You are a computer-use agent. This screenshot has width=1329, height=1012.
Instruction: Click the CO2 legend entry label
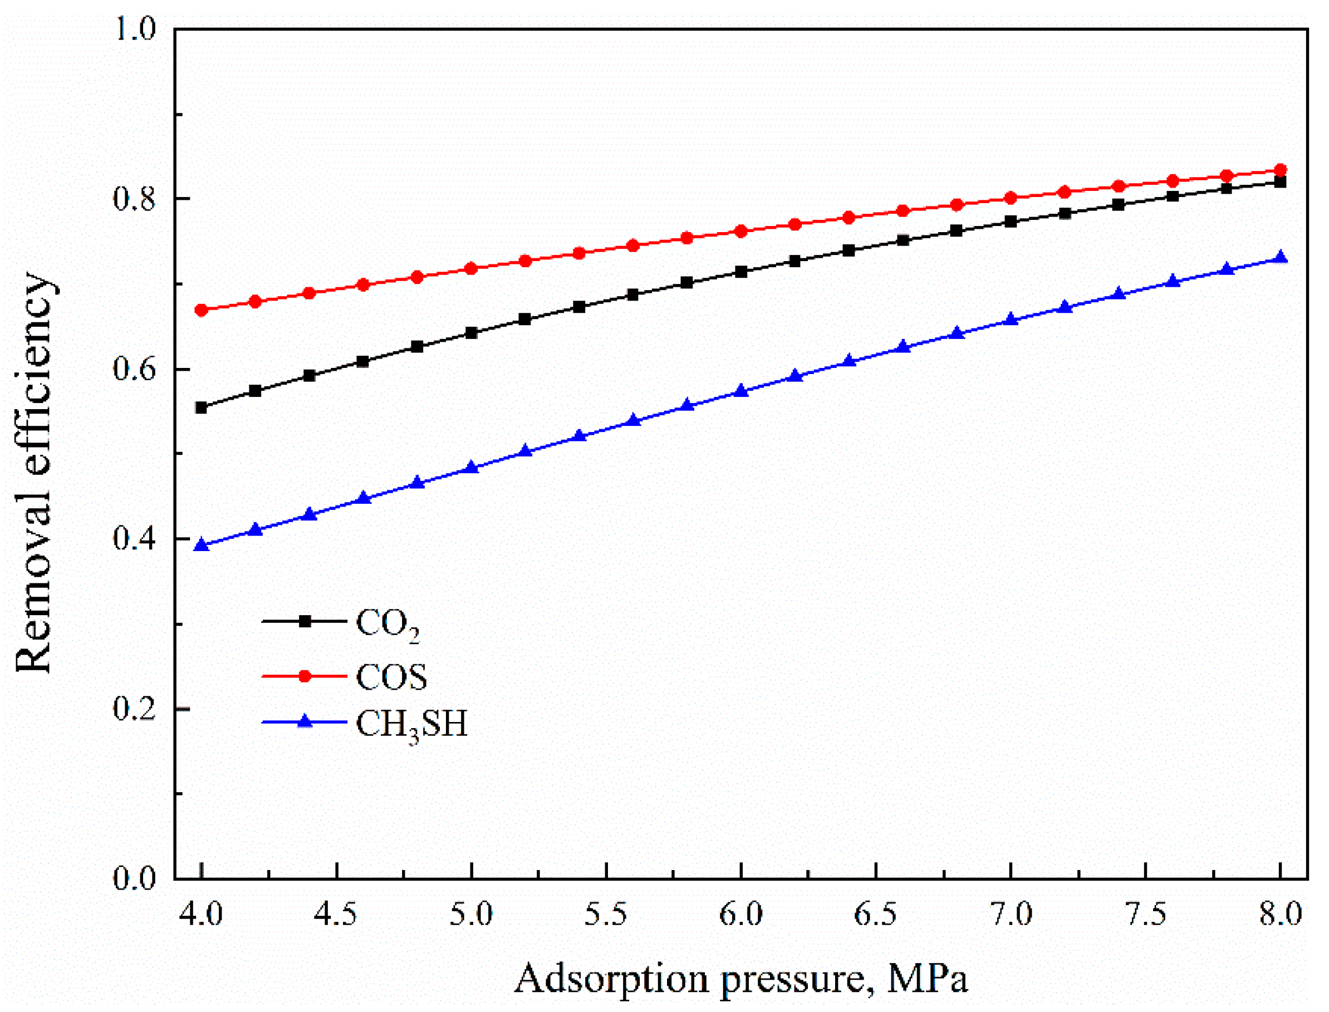(x=388, y=625)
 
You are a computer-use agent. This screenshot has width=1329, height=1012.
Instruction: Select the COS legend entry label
(x=391, y=677)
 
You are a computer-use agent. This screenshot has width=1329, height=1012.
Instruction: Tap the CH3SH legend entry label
(x=411, y=725)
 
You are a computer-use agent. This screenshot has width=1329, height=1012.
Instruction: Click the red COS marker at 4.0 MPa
(x=202, y=310)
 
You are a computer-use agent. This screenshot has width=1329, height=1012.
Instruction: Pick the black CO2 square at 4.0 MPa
(x=202, y=408)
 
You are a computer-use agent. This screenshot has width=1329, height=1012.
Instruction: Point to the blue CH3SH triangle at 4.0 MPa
(x=202, y=546)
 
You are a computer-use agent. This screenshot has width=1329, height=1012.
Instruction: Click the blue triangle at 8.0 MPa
(x=1281, y=258)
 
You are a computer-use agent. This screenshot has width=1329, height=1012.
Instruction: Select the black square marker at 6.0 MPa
(x=742, y=272)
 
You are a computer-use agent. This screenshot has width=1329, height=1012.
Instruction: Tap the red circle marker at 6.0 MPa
(x=742, y=232)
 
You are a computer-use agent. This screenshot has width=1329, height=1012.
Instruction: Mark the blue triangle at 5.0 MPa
(x=472, y=468)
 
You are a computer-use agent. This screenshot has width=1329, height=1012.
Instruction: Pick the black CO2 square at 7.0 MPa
(x=1011, y=222)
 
